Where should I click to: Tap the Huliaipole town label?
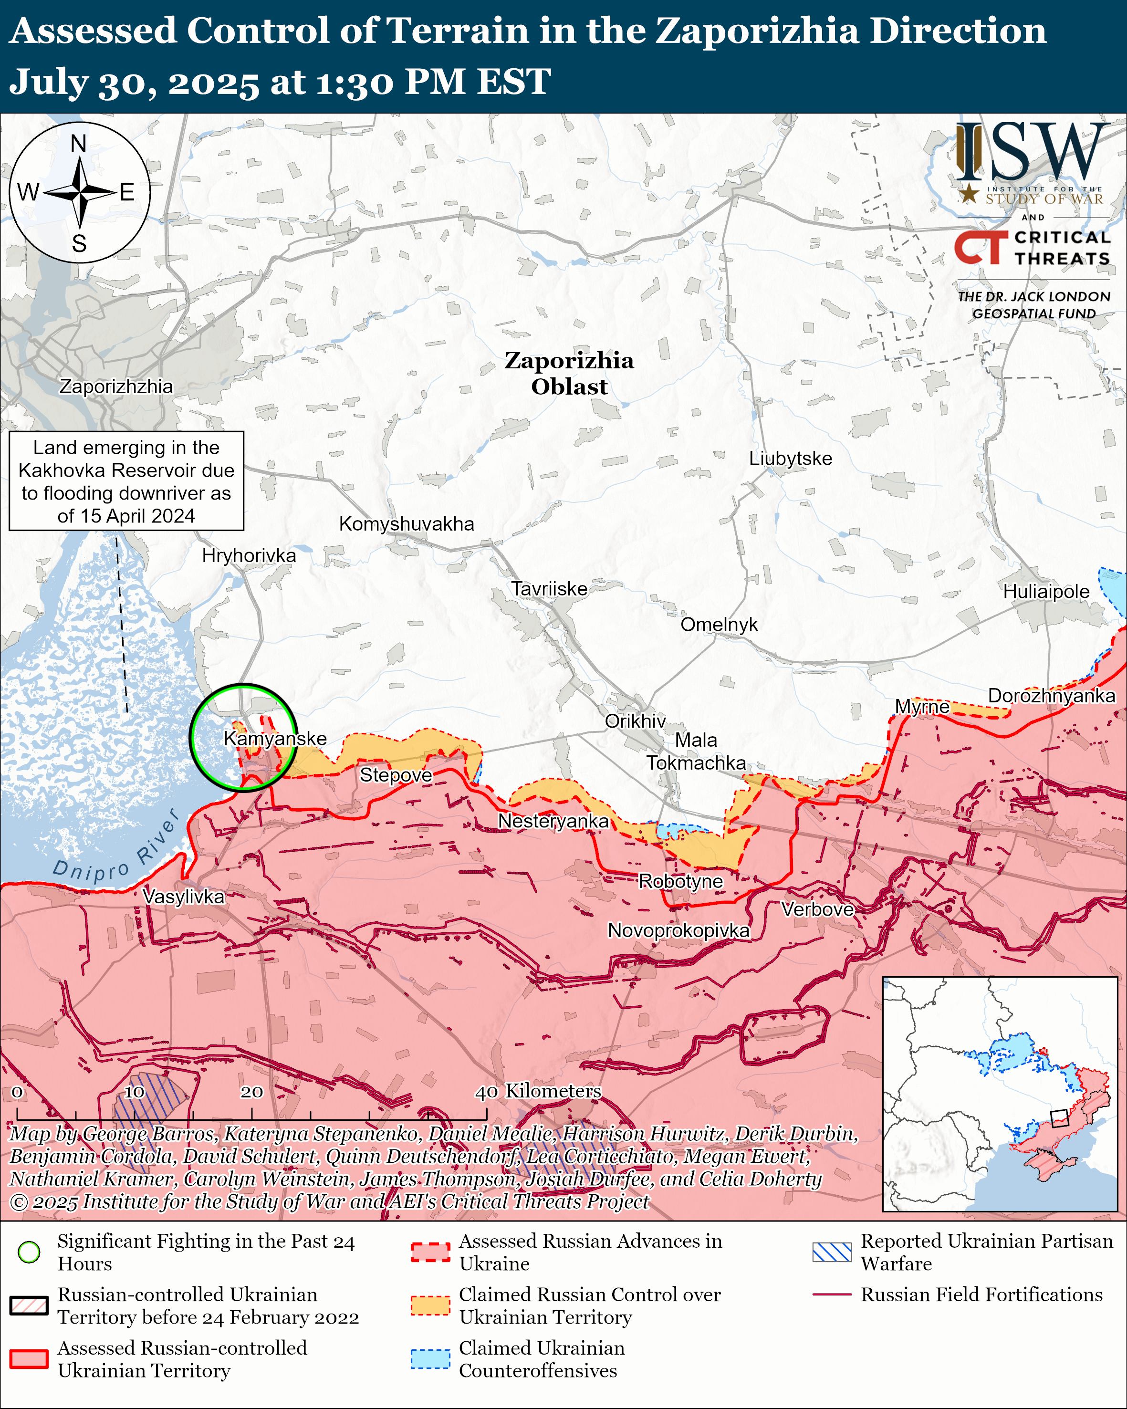[1046, 592]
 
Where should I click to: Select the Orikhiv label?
[635, 721]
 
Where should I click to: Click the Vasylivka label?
[184, 896]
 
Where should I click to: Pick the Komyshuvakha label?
[407, 523]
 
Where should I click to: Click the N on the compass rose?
[78, 143]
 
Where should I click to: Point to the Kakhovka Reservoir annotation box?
[126, 481]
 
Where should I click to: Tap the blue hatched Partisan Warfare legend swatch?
[832, 1252]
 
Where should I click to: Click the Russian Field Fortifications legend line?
[832, 1294]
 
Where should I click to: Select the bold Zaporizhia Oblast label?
[569, 373]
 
